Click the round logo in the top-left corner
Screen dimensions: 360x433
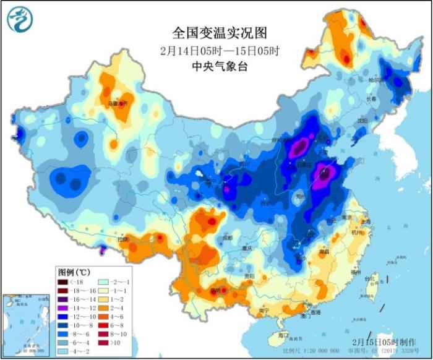point(20,19)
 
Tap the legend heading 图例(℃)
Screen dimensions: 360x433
point(74,271)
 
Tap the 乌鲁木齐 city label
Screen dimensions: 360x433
point(117,103)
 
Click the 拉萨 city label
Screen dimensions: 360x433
point(122,239)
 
